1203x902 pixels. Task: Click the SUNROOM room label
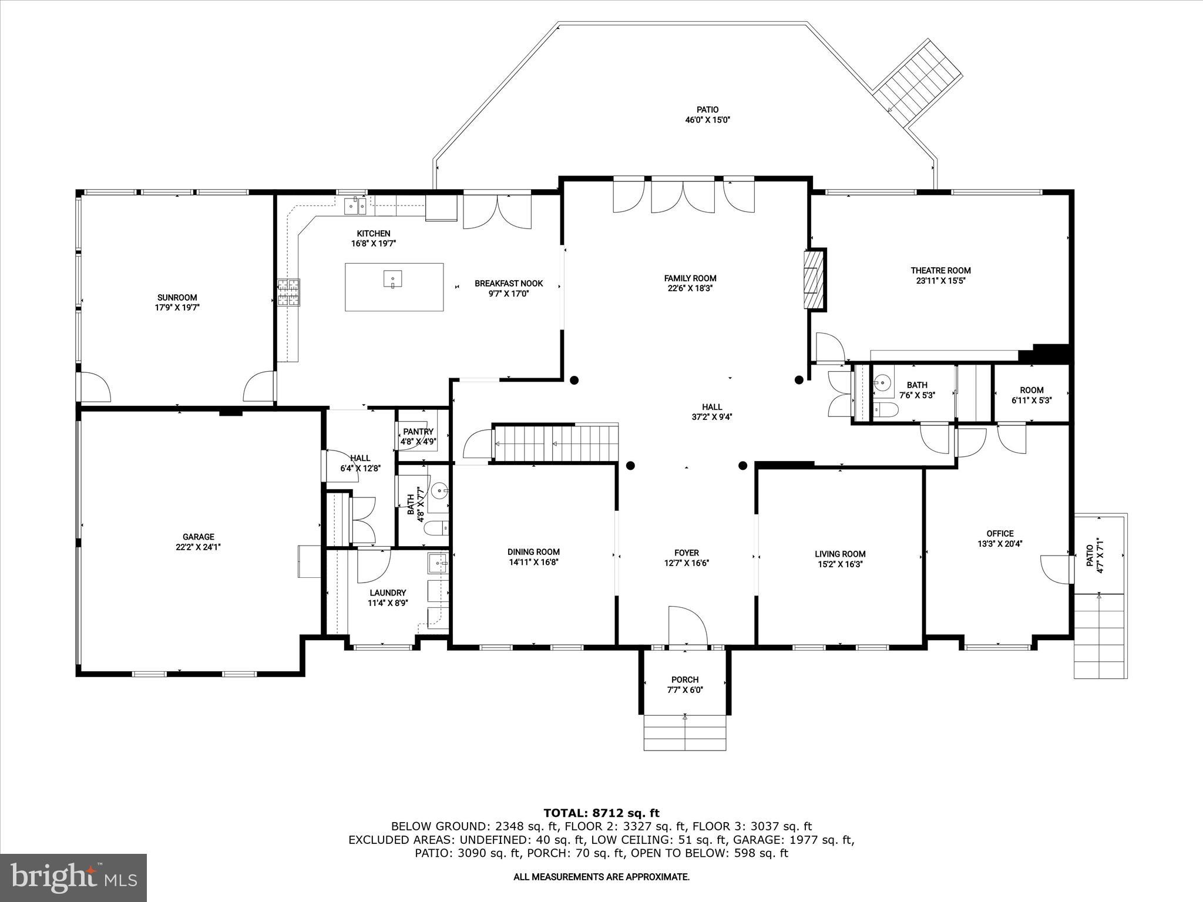(x=177, y=297)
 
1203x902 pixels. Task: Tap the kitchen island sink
(x=392, y=278)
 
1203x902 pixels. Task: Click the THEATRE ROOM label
(x=940, y=271)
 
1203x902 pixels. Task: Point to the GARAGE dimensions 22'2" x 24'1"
(x=198, y=547)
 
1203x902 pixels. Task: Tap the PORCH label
(x=685, y=679)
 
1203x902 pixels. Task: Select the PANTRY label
(x=418, y=432)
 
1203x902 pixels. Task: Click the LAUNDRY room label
(x=388, y=593)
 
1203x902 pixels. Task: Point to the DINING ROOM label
(x=533, y=552)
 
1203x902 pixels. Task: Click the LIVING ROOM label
(x=840, y=554)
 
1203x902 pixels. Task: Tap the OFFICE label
(x=1000, y=534)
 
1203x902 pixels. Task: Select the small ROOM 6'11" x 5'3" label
(x=1031, y=390)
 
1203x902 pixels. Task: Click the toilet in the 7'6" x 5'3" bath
(x=883, y=410)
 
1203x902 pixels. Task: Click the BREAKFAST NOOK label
(x=509, y=284)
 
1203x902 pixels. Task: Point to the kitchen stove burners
(x=288, y=292)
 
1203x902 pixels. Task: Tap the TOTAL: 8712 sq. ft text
(x=601, y=813)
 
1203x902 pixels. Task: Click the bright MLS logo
(x=73, y=878)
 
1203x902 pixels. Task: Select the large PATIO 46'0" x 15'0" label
(x=707, y=110)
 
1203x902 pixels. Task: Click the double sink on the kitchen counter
(x=355, y=205)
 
